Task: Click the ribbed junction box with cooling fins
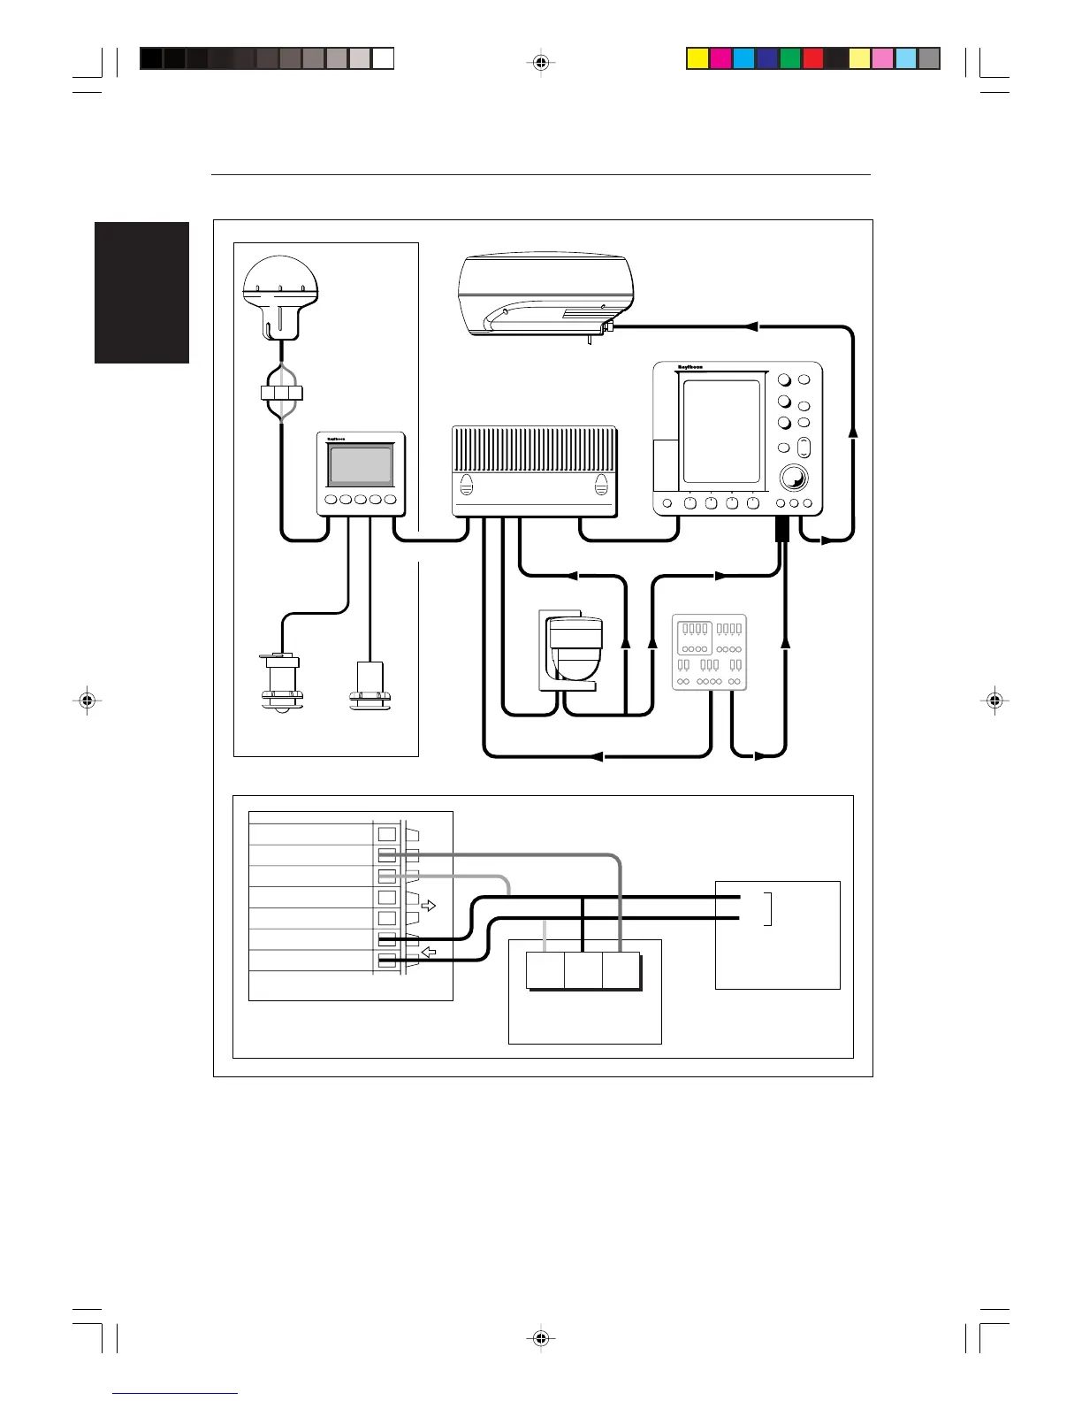pos(534,471)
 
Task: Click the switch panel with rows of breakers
pos(709,652)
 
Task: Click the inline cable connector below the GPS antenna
pos(282,393)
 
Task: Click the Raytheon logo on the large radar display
pos(690,367)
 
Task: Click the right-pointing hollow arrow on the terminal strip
pos(428,906)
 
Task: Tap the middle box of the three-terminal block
pos(583,970)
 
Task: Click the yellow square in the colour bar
pos(697,58)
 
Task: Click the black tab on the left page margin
pos(142,293)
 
